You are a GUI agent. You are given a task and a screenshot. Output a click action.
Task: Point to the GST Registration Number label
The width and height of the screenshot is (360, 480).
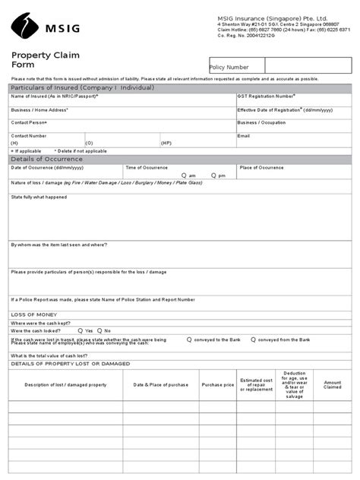266,96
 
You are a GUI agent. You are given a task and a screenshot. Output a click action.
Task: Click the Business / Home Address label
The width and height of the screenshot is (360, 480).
39,109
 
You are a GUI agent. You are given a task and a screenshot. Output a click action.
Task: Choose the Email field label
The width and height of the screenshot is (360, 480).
243,135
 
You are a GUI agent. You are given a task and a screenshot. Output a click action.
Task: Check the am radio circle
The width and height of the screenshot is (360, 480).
183,175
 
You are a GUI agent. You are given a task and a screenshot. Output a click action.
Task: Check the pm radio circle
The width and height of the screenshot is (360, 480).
213,175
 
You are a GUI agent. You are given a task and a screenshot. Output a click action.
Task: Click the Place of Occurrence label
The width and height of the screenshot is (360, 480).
261,167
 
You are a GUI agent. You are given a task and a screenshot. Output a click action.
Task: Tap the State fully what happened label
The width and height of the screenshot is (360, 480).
39,197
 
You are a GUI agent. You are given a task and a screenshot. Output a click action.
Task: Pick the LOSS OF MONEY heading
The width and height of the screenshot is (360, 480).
34,314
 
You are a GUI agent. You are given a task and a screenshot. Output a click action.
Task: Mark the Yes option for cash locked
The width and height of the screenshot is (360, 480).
81,330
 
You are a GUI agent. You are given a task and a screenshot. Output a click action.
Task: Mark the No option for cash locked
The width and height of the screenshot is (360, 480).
99,330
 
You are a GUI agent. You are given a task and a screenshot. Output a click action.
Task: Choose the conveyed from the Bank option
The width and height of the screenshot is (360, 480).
253,339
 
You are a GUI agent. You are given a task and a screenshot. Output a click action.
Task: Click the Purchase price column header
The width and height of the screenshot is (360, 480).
218,385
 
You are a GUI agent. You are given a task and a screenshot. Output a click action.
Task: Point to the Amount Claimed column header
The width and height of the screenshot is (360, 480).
333,385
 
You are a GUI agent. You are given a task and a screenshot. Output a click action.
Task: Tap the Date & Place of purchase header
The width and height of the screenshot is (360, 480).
160,385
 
